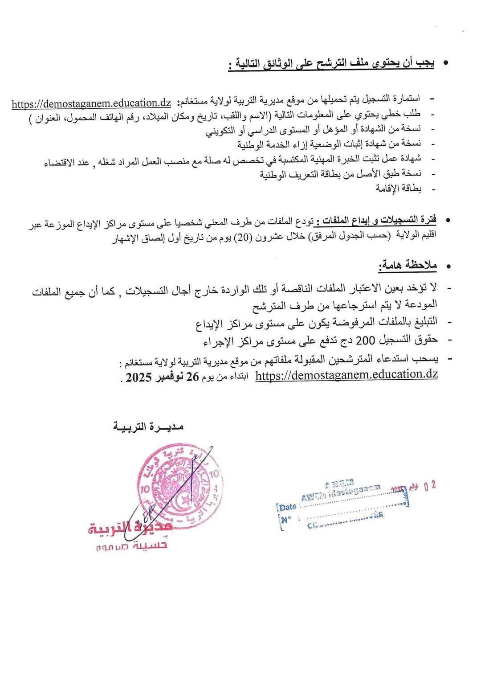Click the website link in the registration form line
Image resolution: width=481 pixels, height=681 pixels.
tap(91, 103)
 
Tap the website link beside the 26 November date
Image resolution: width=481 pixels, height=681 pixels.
tap(346, 375)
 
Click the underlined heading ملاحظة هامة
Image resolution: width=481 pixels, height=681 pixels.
tap(408, 266)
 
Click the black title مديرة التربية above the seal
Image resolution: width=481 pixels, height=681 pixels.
tap(149, 427)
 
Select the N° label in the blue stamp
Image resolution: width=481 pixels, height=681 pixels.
tap(286, 519)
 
